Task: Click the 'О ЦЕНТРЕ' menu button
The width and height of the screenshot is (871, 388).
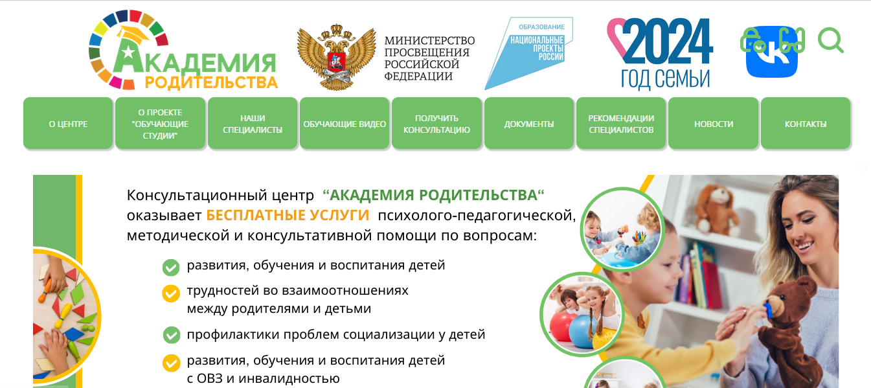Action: [68, 123]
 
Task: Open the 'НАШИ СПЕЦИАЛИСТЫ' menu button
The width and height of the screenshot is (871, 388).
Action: [253, 123]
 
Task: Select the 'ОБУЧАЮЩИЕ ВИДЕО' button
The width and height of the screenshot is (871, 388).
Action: [345, 123]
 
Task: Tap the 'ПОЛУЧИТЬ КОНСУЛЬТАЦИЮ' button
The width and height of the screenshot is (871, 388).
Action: [436, 123]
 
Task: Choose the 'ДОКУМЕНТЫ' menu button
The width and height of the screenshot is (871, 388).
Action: [529, 123]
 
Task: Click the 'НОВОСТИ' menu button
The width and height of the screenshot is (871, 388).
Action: [714, 123]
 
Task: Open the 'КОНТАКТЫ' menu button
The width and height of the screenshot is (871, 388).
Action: [806, 123]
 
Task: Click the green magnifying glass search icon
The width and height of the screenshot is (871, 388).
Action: [830, 40]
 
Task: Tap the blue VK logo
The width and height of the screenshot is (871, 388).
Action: [772, 52]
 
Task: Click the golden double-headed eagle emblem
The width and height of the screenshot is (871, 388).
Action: [336, 57]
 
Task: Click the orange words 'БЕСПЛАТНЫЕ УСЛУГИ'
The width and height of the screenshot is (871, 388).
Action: [288, 215]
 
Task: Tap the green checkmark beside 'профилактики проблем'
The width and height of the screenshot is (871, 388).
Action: [171, 335]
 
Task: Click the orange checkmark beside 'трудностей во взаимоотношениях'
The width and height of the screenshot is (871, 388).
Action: [171, 293]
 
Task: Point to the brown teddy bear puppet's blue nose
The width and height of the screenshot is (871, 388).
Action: [769, 310]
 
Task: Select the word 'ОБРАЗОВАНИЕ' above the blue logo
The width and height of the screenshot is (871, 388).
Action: [541, 27]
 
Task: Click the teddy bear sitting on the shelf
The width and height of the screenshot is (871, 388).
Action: [715, 210]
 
